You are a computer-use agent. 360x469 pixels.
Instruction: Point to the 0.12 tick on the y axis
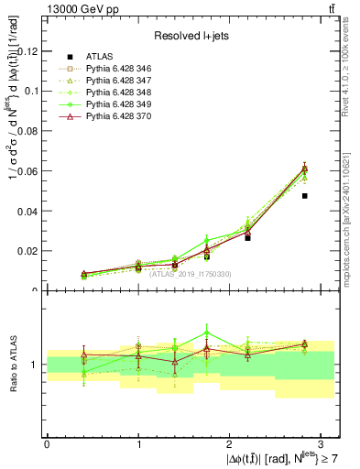[27, 51]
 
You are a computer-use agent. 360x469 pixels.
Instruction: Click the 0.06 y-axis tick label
[27, 171]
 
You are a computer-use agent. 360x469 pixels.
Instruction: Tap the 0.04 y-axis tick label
[27, 211]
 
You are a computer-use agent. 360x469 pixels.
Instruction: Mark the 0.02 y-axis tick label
[27, 251]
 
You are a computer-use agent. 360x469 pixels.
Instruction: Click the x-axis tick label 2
[229, 442]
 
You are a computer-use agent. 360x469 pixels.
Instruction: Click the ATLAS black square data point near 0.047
[305, 196]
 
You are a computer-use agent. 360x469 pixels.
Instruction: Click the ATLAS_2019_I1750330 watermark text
[191, 273]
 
